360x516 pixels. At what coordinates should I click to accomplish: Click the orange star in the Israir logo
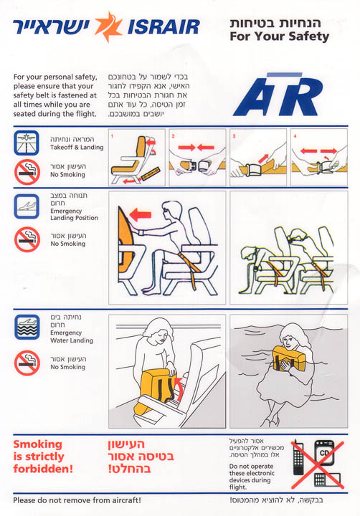coord(108,27)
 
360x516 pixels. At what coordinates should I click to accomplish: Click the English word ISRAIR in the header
coord(164,27)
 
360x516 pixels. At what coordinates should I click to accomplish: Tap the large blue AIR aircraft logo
coord(278,95)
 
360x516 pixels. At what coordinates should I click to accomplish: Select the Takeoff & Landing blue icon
coord(27,143)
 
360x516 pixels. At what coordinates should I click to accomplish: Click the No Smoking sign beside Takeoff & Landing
coord(27,172)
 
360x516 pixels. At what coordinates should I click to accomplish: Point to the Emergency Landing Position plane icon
coord(27,206)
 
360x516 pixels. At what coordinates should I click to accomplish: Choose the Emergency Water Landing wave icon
coord(27,327)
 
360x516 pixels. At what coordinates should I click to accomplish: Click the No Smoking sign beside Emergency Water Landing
coord(27,363)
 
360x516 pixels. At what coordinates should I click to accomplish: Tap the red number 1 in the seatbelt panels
coord(112,135)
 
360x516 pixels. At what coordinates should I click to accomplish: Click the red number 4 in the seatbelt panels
coord(295,135)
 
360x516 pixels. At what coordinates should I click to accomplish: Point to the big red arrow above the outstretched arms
coord(141,215)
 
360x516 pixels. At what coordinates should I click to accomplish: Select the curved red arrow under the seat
coord(179,388)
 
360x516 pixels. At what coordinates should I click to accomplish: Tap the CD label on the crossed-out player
coord(324,453)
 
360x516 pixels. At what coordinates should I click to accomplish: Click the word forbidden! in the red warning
coord(43,468)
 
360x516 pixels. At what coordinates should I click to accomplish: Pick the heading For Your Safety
coord(279,37)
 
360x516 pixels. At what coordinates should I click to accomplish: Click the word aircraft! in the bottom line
coord(126,500)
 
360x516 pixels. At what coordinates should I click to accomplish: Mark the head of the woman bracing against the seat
coord(171,211)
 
